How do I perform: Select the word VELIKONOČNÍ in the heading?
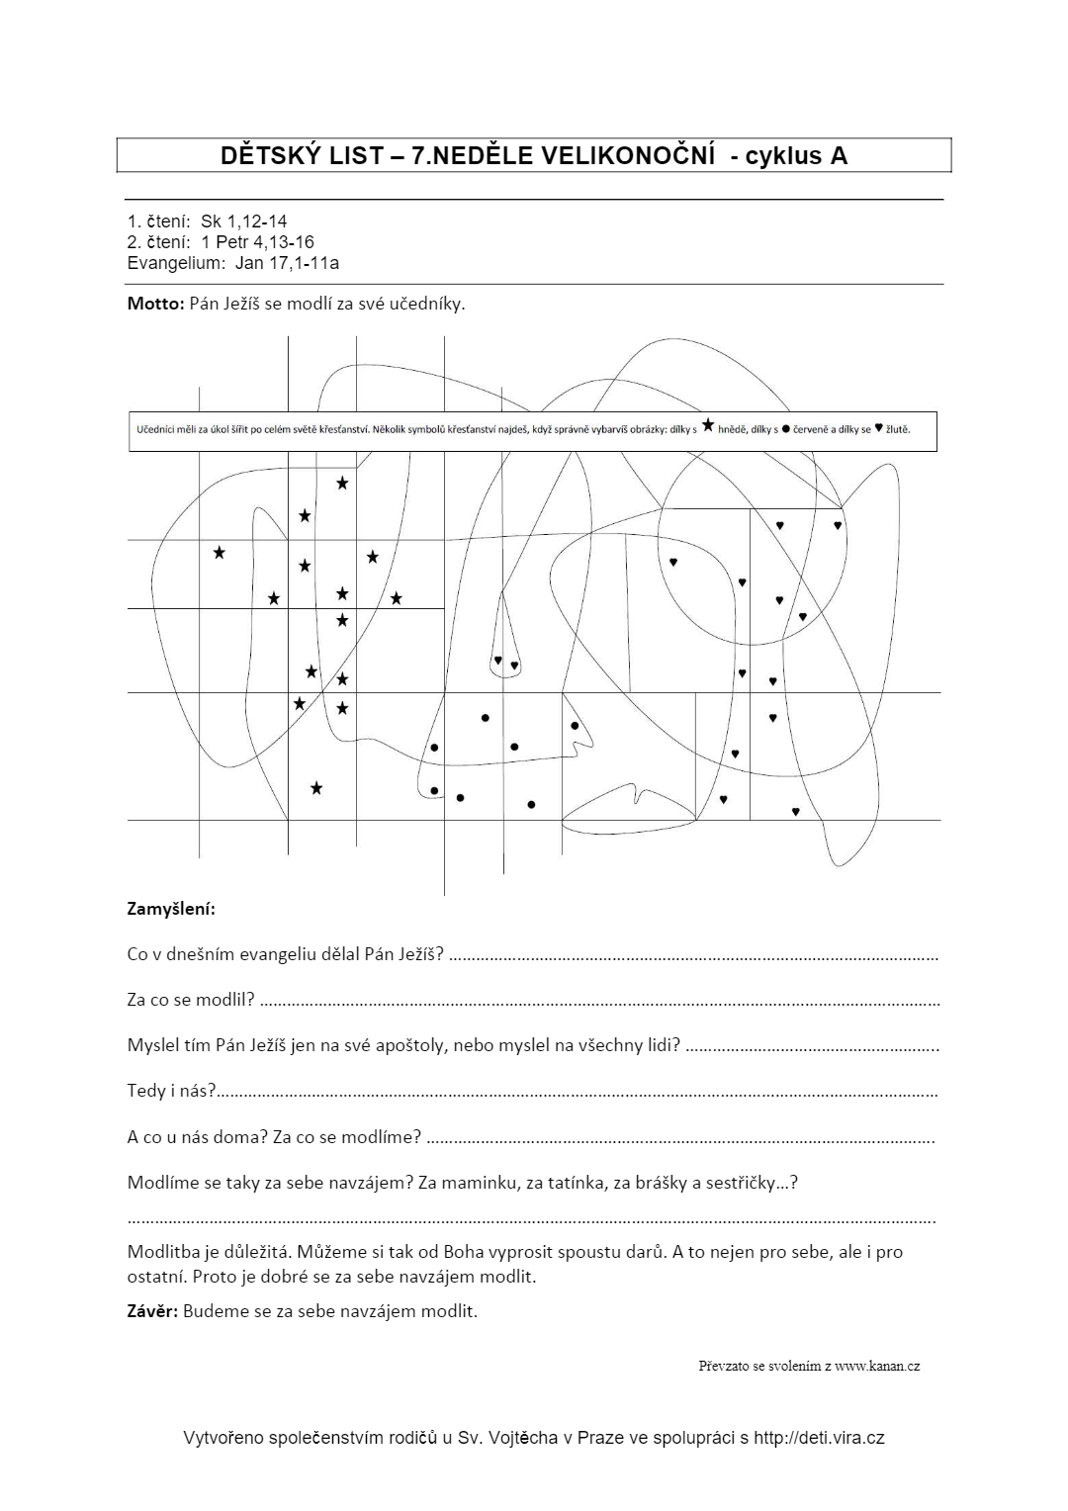pos(627,155)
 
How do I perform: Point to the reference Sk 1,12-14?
pos(243,222)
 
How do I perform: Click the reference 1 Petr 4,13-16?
pos(257,242)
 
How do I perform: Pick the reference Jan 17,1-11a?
pos(287,263)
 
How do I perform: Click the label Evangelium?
pos(176,263)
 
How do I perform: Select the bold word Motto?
pos(155,304)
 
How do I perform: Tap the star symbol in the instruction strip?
pos(707,426)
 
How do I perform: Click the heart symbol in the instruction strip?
pos(878,429)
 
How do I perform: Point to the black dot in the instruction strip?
pos(786,430)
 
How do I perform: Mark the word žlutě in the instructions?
pos(898,430)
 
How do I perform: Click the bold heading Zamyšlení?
pos(171,908)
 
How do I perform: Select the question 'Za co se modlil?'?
pos(191,1000)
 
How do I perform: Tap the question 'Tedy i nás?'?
pos(171,1091)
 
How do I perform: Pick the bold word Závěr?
pos(152,1311)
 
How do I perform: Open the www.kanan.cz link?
pos(876,1367)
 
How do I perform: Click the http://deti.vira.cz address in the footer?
pos(819,1438)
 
